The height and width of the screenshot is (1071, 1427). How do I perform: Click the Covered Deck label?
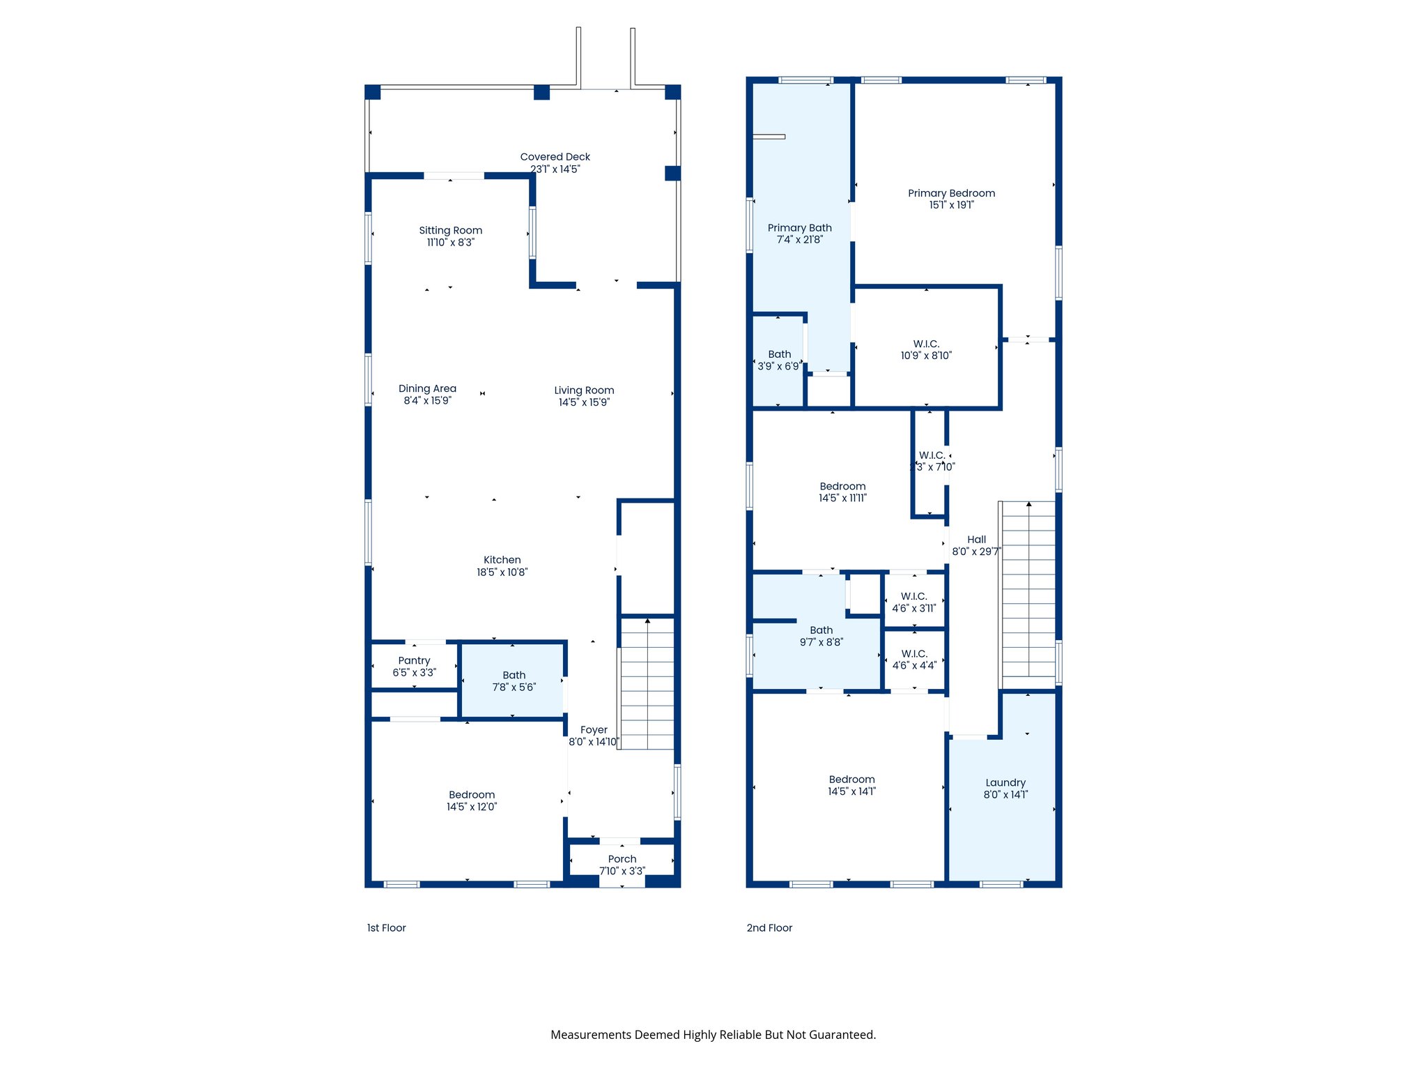[x=555, y=157]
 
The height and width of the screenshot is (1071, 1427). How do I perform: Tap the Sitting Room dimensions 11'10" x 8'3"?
[x=450, y=243]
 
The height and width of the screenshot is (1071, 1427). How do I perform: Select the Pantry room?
[x=414, y=666]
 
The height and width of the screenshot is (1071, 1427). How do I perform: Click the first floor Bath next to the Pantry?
[x=514, y=681]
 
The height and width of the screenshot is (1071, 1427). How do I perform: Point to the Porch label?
[x=622, y=859]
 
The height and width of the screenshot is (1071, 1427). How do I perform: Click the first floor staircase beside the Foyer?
[x=647, y=683]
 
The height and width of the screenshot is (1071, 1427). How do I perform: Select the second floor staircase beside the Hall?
[x=1028, y=589]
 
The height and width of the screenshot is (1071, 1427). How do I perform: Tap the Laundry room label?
[x=1005, y=782]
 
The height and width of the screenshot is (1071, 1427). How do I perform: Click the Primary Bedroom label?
[x=951, y=193]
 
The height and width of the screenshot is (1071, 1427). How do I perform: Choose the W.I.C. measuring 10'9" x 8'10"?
[x=926, y=349]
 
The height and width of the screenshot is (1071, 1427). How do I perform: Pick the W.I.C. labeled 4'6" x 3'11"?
[x=913, y=602]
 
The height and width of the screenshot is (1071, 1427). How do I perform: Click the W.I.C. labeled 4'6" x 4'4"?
[x=913, y=659]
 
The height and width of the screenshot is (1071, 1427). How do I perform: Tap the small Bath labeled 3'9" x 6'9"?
[x=779, y=360]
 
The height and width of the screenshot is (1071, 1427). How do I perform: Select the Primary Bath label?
[x=799, y=228]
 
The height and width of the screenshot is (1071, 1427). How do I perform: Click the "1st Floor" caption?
[x=386, y=927]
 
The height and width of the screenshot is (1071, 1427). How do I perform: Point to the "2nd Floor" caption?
[x=769, y=927]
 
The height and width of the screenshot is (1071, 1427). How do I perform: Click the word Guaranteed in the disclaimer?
[x=841, y=1035]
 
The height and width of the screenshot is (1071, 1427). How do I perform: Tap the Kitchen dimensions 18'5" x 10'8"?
[x=502, y=572]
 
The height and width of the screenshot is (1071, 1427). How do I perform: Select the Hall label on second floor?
[x=976, y=540]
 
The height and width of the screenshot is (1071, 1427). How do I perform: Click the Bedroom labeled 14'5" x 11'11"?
[x=842, y=492]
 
